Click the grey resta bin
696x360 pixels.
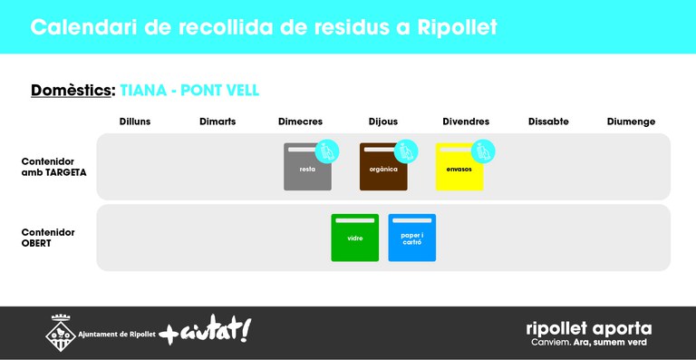(307, 169)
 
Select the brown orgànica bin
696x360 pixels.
(383, 169)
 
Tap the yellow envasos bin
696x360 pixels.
(459, 169)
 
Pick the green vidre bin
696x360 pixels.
(354, 238)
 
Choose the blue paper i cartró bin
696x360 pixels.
(411, 238)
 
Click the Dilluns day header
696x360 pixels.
(135, 122)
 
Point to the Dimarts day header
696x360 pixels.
(217, 122)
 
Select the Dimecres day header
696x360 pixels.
(300, 122)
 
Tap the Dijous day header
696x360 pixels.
(382, 122)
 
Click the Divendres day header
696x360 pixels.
(466, 122)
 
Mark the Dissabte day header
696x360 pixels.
(548, 122)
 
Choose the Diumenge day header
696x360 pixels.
(631, 122)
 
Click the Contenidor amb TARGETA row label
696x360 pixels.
(53, 166)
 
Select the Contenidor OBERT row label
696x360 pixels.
(48, 238)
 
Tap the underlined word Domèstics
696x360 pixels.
(72, 91)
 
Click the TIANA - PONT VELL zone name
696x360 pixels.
(189, 91)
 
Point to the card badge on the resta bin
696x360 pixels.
(327, 151)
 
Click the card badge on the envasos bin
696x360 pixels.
(483, 151)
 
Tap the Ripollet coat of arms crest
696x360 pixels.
(61, 333)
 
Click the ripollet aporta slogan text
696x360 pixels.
(588, 329)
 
